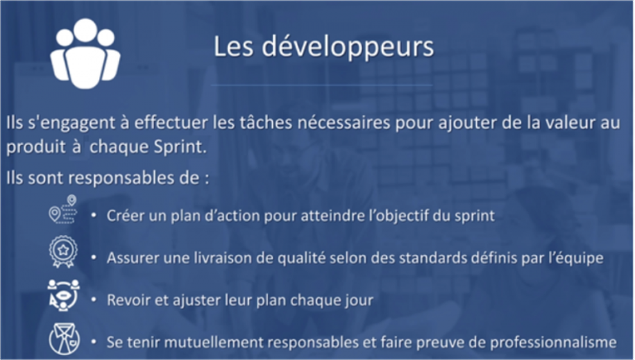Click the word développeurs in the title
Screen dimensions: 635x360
click(x=348, y=47)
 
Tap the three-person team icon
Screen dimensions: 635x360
click(x=85, y=53)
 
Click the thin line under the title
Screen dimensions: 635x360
click(x=322, y=85)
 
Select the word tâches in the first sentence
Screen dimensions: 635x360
click(x=266, y=123)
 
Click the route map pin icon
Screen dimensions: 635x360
click(x=63, y=209)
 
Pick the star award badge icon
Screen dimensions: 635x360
click(x=63, y=252)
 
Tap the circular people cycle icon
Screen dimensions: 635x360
click(x=63, y=295)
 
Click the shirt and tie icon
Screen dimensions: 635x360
click(x=64, y=339)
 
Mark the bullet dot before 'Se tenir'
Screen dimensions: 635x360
click(x=94, y=342)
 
